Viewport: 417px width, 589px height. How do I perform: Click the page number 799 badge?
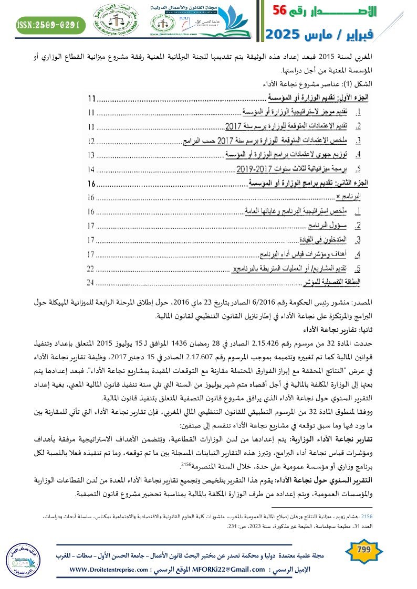(x=363, y=549)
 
